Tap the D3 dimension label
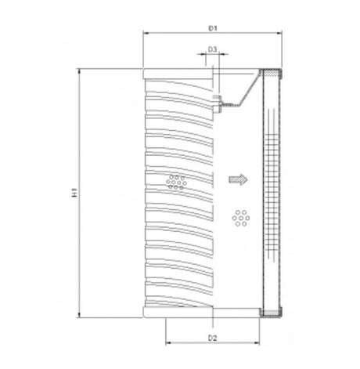pos(212,49)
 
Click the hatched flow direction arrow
pos(236,179)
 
